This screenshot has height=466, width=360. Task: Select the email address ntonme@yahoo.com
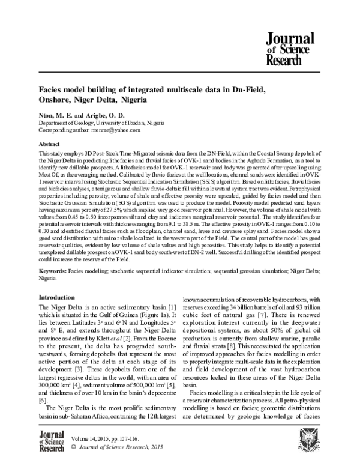coord(116,129)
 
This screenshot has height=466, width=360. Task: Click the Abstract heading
coord(49,145)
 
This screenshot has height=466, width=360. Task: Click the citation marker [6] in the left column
coord(42,400)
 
